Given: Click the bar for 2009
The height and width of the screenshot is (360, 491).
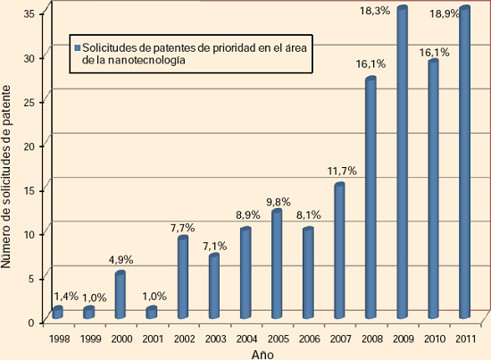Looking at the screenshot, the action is tap(402, 162).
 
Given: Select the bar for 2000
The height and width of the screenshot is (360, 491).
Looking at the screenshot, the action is tap(121, 295).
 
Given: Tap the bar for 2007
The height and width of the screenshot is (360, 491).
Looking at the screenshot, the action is tap(339, 251).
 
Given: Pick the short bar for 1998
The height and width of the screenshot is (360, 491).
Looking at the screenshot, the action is tap(58, 313).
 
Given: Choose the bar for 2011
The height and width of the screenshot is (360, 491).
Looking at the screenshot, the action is tap(465, 162).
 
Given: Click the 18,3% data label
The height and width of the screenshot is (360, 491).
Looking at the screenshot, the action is tap(375, 11).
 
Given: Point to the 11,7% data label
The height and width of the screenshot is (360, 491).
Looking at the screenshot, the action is tap(342, 172).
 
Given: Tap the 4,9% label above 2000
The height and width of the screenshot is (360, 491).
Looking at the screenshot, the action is tap(121, 260).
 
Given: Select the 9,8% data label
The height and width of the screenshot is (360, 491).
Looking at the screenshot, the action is tap(279, 202).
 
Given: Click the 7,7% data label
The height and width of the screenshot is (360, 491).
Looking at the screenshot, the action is tap(182, 228).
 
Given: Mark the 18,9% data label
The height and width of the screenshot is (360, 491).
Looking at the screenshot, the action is tap(445, 14).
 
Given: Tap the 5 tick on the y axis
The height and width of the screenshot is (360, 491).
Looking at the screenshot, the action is tap(31, 279).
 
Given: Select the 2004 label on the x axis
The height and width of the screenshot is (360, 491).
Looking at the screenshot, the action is tap(246, 339).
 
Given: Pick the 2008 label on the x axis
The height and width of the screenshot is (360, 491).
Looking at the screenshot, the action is tap(372, 339).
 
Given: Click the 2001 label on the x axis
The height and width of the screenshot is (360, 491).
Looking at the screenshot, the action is tap(153, 339).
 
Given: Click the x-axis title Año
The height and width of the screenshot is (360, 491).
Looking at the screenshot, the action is tap(262, 355).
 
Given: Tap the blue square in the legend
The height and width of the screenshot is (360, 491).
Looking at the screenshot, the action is tap(78, 48).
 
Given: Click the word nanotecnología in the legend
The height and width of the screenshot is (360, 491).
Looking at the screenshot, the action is tap(146, 60).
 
